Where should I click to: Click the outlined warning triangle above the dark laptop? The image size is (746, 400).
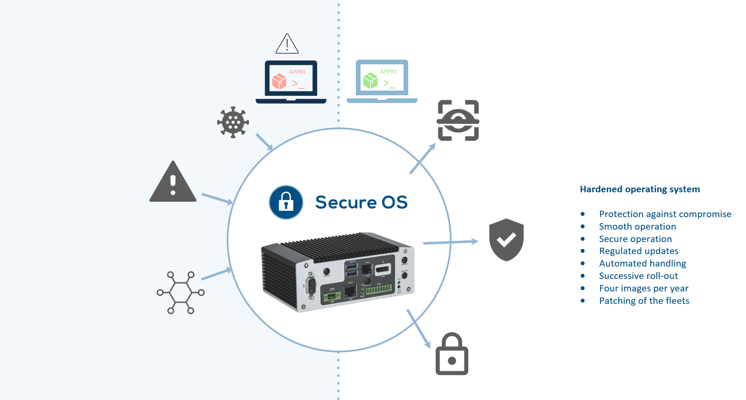[287, 45]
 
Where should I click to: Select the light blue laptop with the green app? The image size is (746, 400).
[382, 81]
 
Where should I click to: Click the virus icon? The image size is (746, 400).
[233, 122]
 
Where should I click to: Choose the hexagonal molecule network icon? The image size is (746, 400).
[181, 293]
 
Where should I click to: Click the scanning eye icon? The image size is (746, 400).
[458, 121]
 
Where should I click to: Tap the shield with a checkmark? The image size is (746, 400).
[506, 239]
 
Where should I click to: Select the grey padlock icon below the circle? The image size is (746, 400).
[452, 354]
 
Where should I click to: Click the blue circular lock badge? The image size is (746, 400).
[286, 202]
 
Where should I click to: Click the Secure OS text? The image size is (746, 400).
[361, 202]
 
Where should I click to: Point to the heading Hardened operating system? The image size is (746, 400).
[640, 189]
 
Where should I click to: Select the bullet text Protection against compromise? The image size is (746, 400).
[665, 214]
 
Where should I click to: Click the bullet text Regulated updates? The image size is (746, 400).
[639, 251]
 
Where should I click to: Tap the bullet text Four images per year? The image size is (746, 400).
[643, 288]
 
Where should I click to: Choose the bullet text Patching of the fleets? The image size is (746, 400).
[644, 301]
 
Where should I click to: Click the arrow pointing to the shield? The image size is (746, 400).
[451, 242]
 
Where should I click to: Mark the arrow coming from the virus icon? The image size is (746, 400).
[264, 142]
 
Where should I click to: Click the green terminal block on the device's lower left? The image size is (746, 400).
[332, 297]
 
